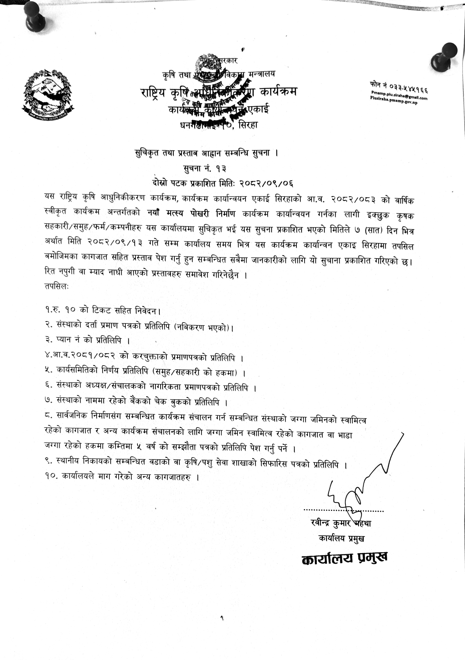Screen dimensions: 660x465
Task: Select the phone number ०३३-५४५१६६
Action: click(409, 86)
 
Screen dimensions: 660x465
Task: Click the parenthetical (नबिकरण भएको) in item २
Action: click(203, 327)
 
